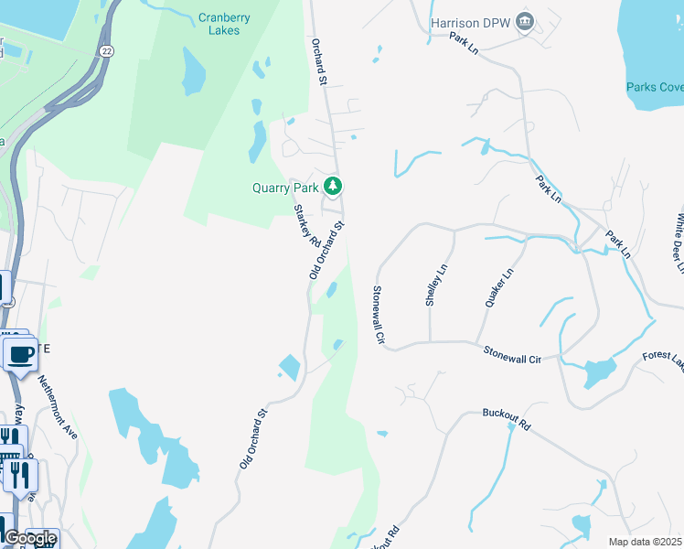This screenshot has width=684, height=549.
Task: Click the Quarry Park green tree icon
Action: (333, 188)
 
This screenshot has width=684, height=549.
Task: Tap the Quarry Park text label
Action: (285, 188)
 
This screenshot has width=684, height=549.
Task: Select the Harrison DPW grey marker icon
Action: (524, 21)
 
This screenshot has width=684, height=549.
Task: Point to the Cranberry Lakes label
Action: (219, 24)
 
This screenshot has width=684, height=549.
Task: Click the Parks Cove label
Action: (654, 88)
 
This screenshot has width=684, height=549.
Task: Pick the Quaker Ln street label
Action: (499, 287)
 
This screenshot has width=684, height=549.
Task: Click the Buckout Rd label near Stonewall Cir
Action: (506, 420)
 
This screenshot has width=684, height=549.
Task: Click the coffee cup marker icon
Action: (20, 352)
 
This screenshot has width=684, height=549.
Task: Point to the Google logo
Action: (30, 538)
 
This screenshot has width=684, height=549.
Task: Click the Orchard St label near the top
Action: (319, 62)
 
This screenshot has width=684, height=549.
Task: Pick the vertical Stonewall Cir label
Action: (377, 315)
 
